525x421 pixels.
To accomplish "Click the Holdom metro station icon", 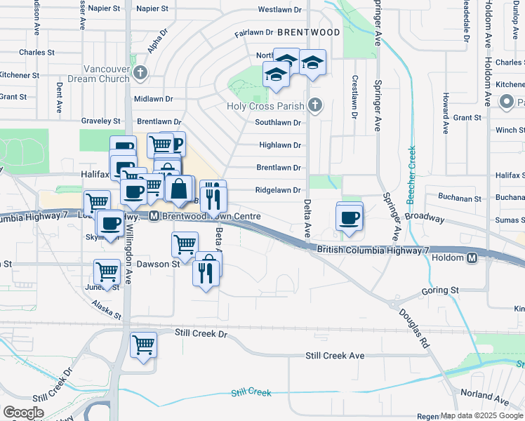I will tap(472, 258).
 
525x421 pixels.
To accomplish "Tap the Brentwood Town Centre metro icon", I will tap(154, 217).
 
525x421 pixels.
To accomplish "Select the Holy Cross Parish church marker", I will tap(315, 106).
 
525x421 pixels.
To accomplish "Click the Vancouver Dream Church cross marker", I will tap(140, 73).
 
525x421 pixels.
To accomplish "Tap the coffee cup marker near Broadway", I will tap(349, 217).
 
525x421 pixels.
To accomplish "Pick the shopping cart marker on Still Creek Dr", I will tap(143, 345).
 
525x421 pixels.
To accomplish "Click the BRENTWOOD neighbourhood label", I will tap(308, 32).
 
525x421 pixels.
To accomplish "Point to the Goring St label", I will tap(440, 290).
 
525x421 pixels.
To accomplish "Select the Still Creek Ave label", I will tap(335, 356).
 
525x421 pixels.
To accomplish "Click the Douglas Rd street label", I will tap(413, 328).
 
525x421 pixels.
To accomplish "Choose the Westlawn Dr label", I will tap(279, 10).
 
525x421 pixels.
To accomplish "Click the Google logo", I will tap(23, 413).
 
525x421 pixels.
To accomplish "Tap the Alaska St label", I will tap(107, 310).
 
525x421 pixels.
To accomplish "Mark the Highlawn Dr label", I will tap(280, 145).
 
